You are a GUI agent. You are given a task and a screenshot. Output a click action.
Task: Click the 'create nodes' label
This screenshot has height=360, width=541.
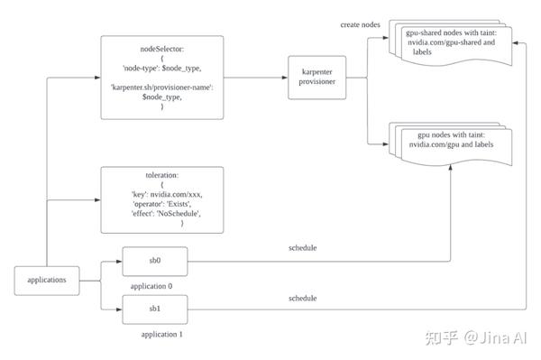pyautogui.click(x=361, y=24)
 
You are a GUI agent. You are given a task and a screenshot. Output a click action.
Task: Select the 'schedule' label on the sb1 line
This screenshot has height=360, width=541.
pyautogui.click(x=302, y=297)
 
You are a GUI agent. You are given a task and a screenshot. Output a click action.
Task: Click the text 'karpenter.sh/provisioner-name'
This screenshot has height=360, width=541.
pyautogui.click(x=162, y=87)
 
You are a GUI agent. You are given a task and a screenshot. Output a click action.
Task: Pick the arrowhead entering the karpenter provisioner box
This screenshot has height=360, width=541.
pyautogui.click(x=284, y=78)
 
